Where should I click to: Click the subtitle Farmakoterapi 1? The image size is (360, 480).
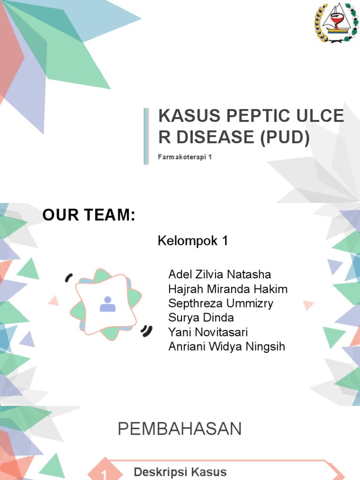(x=185, y=157)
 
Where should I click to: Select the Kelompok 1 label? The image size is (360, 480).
(x=193, y=241)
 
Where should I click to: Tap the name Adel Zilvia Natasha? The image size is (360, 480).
(x=219, y=274)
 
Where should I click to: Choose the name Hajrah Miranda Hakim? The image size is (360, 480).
(x=228, y=289)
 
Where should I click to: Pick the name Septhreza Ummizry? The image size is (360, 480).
(x=220, y=303)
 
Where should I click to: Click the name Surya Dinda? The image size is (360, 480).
(x=201, y=318)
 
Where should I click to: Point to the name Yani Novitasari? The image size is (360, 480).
(x=208, y=332)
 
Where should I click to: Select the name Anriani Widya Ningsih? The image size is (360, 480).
(x=226, y=347)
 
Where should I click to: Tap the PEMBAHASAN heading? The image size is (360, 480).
(x=180, y=429)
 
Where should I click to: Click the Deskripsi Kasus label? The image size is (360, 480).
(x=180, y=472)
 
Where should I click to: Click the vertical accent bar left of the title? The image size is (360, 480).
(x=146, y=136)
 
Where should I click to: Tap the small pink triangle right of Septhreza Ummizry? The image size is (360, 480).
(x=308, y=306)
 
